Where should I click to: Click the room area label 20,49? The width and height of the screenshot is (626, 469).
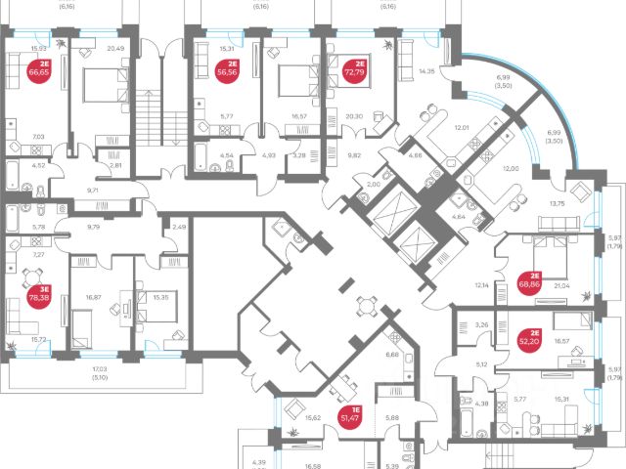tap(115, 48)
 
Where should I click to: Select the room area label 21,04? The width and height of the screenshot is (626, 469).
tap(562, 286)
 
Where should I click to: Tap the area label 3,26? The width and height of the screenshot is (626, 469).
tap(480, 324)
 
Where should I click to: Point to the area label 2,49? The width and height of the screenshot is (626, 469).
tap(178, 228)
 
